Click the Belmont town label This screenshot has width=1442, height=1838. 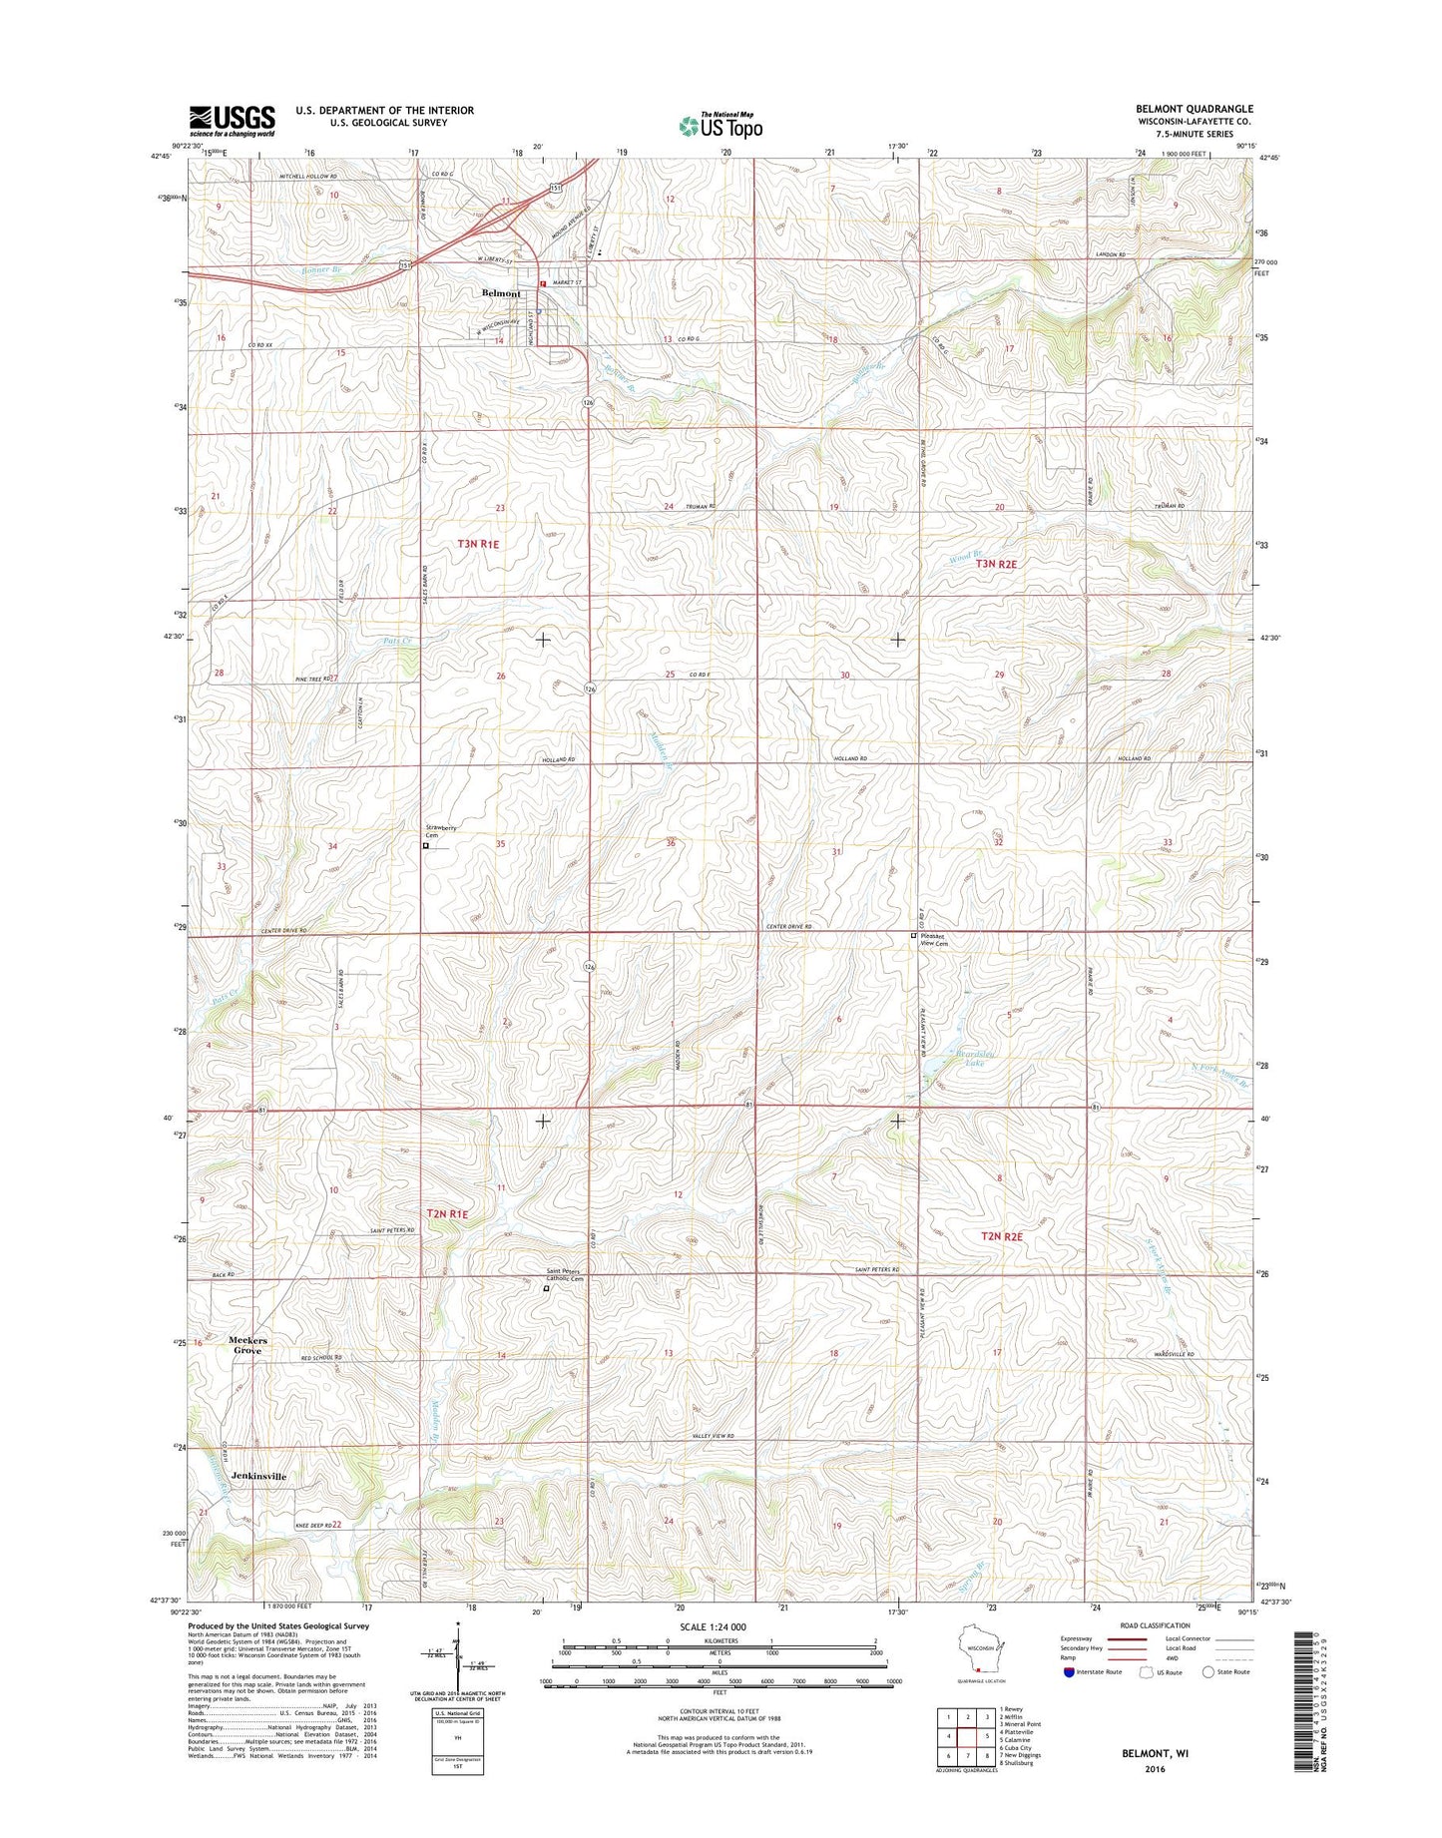pyautogui.click(x=501, y=293)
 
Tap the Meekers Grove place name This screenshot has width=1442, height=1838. pyautogui.click(x=247, y=1345)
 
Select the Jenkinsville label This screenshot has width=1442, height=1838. pyautogui.click(x=258, y=1476)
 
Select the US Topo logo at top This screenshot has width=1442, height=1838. pyautogui.click(x=721, y=125)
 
